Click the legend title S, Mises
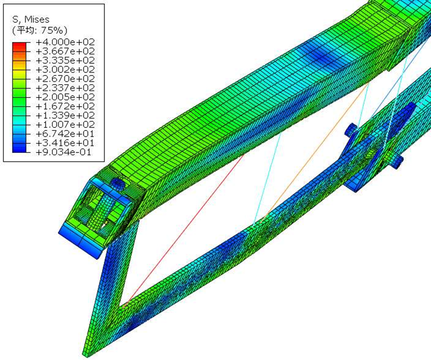[31, 19]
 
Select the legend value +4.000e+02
[65, 42]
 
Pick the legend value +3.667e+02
[65, 51]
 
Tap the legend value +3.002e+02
[65, 70]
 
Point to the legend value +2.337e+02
[65, 88]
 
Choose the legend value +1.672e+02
[65, 106]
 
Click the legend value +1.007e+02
[65, 124]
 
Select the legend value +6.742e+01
[65, 134]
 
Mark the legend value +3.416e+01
[65, 143]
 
